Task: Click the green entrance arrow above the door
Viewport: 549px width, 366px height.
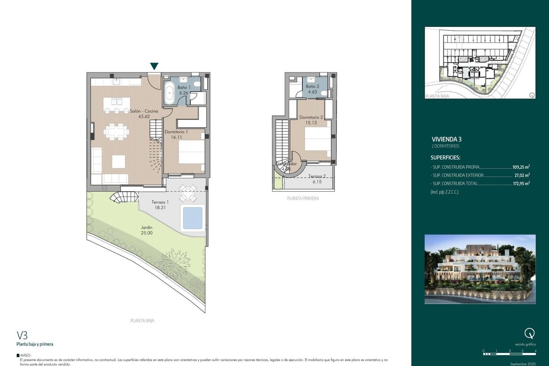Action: (x=155, y=66)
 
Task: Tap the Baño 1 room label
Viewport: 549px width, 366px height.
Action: (x=184, y=90)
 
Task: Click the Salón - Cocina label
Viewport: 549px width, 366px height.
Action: (x=144, y=113)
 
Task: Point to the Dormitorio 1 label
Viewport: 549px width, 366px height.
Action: (x=176, y=134)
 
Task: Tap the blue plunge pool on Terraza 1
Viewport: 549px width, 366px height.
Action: (x=192, y=217)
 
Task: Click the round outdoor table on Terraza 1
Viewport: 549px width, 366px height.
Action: (x=187, y=193)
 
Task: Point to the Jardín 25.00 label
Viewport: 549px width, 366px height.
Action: (x=147, y=230)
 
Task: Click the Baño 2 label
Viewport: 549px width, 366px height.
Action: (x=312, y=89)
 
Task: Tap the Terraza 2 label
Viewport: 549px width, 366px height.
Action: (x=317, y=179)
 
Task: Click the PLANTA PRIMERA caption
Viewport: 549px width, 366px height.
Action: (x=302, y=199)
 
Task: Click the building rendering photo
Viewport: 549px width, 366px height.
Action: (x=480, y=269)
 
